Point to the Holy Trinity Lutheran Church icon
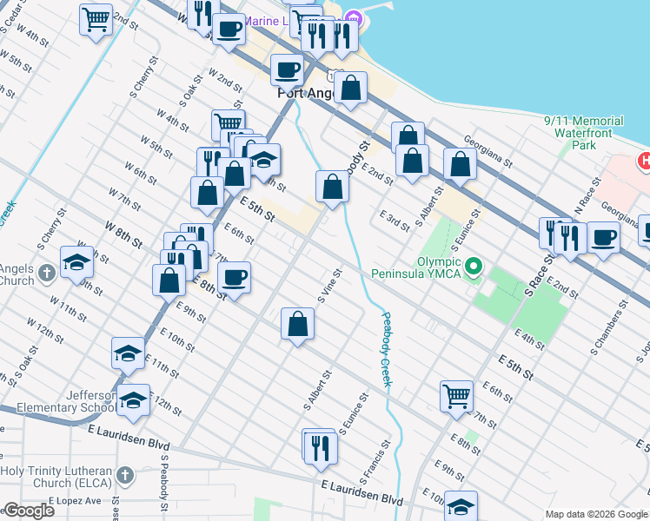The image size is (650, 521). click(125, 475)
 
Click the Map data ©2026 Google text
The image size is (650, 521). click(596, 514)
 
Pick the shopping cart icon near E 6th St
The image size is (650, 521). click(456, 395)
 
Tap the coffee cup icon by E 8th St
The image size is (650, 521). click(234, 277)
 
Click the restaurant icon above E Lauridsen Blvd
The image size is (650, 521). click(320, 446)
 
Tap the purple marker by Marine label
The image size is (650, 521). click(353, 18)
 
